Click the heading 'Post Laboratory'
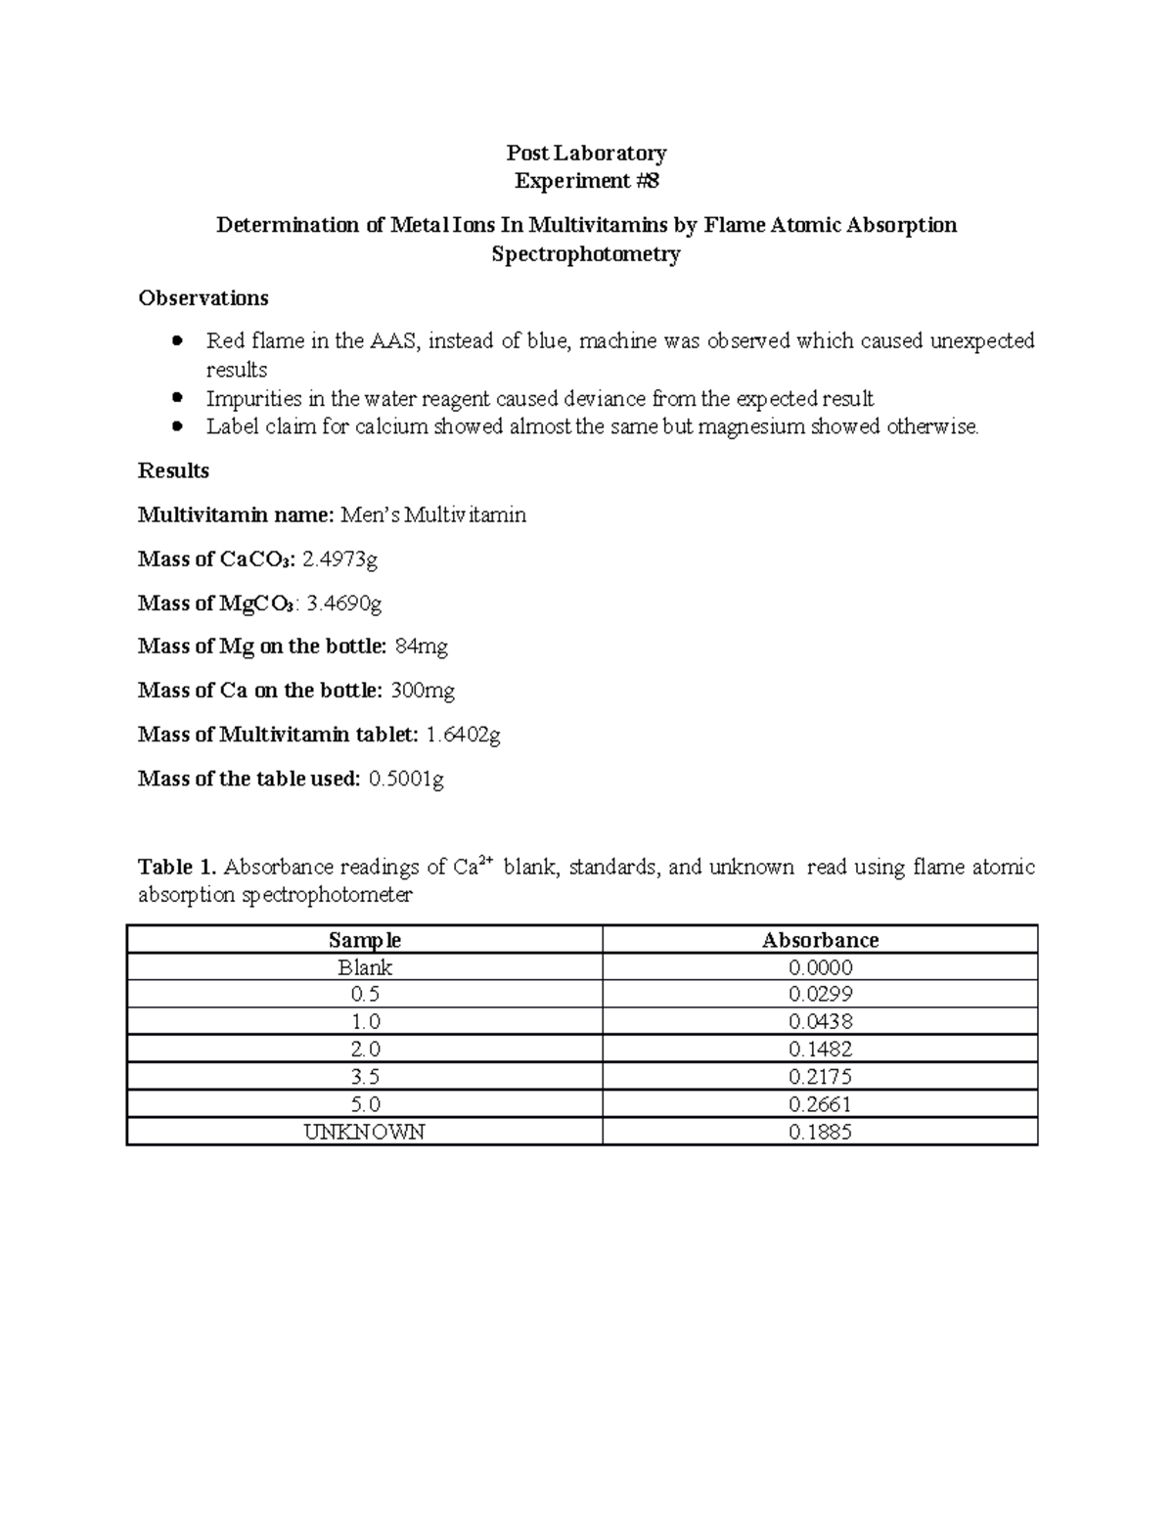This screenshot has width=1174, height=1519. pos(586,153)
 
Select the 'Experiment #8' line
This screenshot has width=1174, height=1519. pos(586,181)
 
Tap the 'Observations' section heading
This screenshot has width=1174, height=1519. pos(203,297)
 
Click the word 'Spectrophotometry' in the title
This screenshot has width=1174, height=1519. pos(586,254)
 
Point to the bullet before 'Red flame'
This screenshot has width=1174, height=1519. pos(177,341)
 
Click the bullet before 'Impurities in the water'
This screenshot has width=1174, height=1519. pos(177,398)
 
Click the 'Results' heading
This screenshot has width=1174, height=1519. pos(173,470)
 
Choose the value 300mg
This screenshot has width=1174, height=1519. pos(423,691)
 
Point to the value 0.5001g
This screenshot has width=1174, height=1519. pos(406,779)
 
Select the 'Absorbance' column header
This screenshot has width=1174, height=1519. pos(820,940)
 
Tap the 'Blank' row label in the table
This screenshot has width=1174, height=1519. pos(365,967)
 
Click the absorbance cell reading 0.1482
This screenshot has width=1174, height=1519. pos(820,1050)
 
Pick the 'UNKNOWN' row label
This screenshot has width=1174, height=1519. pos(365,1132)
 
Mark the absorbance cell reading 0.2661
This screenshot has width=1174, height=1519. pos(820,1104)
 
